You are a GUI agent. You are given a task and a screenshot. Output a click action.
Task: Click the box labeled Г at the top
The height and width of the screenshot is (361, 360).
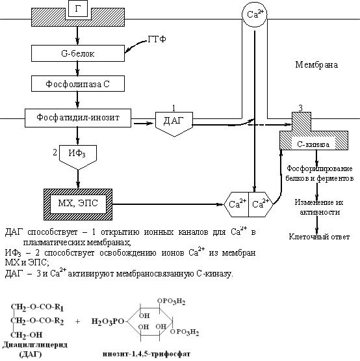78,8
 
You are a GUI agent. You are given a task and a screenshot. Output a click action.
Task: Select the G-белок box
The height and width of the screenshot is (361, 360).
78,53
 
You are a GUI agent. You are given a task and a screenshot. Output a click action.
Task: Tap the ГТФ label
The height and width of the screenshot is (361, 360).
157,39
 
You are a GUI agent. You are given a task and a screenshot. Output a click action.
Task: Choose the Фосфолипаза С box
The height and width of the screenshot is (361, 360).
78,83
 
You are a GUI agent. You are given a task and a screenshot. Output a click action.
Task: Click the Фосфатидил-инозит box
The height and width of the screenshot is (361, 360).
78,118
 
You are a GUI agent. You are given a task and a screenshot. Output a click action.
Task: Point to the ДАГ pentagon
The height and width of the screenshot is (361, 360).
174,123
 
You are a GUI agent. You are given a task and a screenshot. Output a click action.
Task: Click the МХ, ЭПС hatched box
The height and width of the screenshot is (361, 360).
78,204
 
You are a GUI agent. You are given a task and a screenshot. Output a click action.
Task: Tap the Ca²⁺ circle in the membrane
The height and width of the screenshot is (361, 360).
255,15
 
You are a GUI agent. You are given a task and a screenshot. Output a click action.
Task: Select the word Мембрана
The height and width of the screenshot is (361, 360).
316,64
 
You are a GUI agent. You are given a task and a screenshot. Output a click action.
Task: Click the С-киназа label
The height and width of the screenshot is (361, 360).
313,144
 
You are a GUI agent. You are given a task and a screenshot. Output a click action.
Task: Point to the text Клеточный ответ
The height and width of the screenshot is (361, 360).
319,237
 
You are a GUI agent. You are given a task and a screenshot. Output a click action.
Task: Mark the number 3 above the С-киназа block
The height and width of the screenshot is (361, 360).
300,108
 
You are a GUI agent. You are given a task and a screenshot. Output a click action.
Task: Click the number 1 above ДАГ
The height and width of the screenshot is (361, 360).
174,108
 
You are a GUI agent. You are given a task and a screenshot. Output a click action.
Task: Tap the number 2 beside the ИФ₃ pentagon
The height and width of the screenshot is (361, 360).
55,152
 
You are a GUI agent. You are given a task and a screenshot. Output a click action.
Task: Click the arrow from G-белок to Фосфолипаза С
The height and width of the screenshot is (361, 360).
77,68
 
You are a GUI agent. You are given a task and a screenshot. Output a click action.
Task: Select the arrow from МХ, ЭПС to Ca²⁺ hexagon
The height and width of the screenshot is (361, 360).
168,204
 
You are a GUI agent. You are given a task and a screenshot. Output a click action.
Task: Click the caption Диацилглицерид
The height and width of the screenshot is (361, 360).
35,345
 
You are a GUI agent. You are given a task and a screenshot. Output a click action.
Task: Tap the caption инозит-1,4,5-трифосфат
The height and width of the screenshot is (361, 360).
146,354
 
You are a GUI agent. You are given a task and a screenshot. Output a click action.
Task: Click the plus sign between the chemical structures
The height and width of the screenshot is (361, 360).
77,321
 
